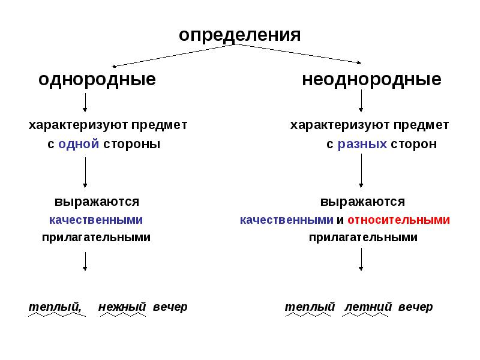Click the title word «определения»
pos(239,35)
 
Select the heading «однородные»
pos(97,80)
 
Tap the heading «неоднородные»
pos(371,80)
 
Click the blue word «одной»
pos(79,144)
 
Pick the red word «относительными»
pos(398,220)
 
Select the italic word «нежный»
pos(122,307)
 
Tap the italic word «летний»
pos(368,307)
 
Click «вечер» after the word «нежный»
pos(170,307)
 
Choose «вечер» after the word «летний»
pos(415,307)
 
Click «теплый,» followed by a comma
pos(55,307)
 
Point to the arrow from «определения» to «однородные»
pos(173,55)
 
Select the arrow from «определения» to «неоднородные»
pos(298,53)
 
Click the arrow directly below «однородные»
pos(85,103)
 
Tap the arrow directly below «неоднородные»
pos(361,101)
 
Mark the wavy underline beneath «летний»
pos(365,314)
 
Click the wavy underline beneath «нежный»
pos(123,314)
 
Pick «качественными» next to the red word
pos(287,220)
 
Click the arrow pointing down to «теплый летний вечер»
pos(361,259)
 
